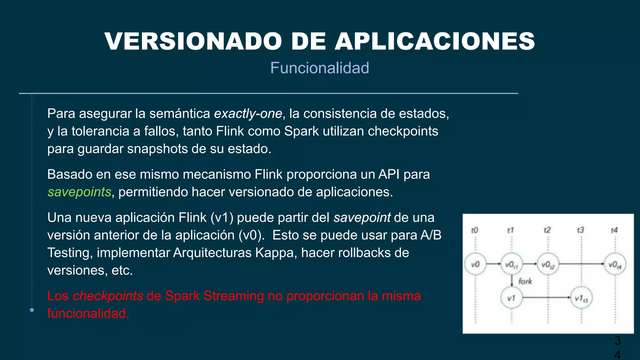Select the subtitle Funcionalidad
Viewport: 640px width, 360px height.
tap(319, 68)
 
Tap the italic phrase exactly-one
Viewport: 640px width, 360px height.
tap(248, 113)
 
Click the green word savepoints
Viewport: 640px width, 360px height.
tap(79, 192)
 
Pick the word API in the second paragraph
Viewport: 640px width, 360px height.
tap(389, 174)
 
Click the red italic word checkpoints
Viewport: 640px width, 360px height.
tap(108, 296)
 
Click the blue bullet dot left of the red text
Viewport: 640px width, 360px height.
tap(32, 310)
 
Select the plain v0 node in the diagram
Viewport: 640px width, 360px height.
tap(475, 264)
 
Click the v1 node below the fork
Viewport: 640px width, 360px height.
tap(512, 298)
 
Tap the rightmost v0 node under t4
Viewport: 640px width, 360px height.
tap(615, 265)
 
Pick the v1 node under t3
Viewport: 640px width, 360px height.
tap(581, 298)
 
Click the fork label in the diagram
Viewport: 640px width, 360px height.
tap(525, 281)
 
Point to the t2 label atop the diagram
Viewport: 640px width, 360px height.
tap(547, 230)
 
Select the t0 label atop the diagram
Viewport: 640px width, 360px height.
tap(474, 230)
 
